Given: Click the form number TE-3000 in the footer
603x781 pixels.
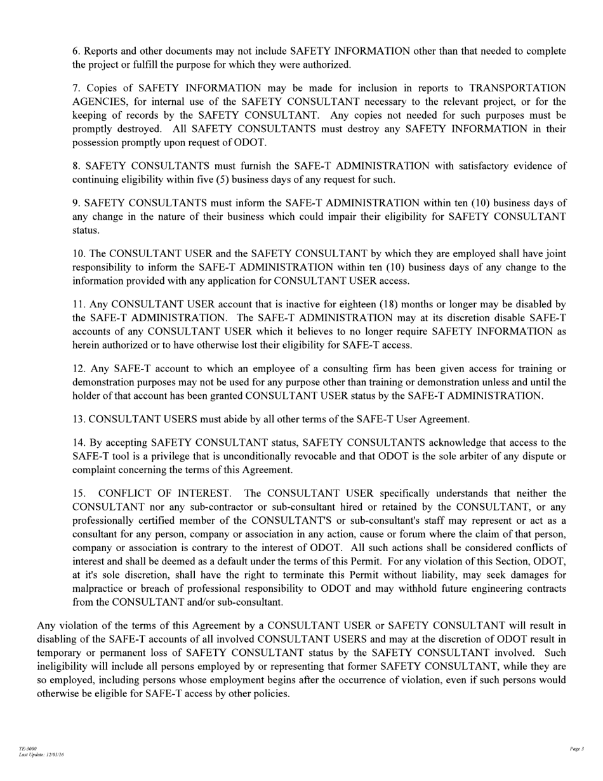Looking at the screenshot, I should click(27, 749).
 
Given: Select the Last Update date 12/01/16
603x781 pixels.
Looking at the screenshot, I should click(54, 755).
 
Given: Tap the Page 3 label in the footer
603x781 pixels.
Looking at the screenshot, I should click(576, 749).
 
